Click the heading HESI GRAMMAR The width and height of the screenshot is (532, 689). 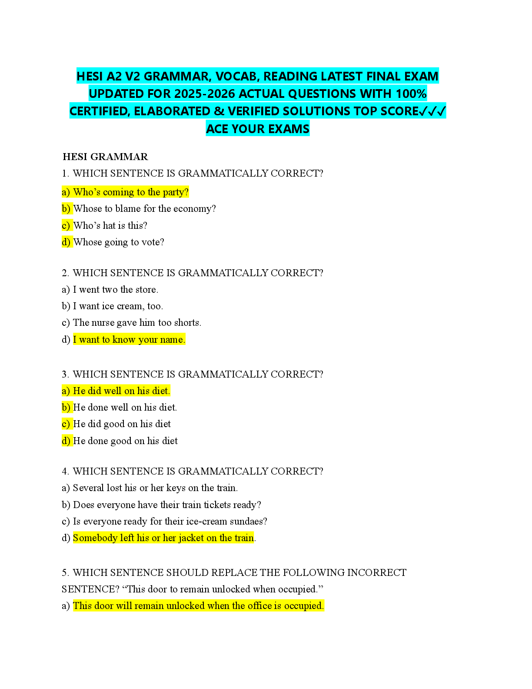105,157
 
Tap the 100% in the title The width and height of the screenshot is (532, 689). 411,94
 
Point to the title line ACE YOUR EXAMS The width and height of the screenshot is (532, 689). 258,129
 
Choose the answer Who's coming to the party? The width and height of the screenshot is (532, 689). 130,192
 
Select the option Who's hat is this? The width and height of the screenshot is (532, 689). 110,225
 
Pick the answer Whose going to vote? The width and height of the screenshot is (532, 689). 118,242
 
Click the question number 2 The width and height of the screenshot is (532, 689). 65,273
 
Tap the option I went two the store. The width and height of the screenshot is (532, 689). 115,290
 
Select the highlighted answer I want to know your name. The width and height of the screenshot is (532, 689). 129,340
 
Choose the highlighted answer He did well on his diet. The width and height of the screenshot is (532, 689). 121,391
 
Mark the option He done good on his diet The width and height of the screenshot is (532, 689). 125,441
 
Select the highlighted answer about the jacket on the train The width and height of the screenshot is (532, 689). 163,538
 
